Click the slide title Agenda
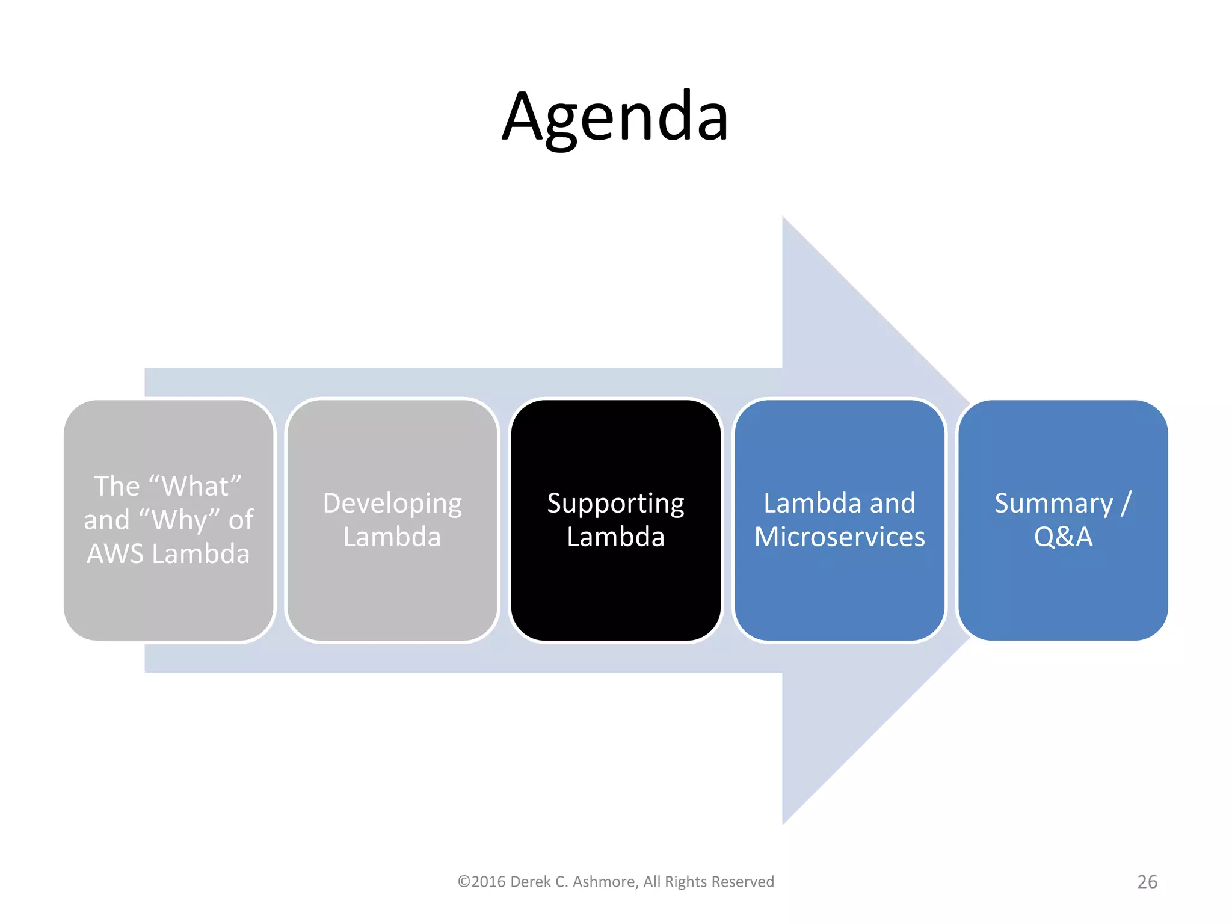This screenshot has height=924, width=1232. coord(615,117)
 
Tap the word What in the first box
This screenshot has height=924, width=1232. coord(196,486)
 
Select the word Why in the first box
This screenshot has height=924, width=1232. coord(179,520)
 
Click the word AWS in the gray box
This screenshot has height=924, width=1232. coord(115,554)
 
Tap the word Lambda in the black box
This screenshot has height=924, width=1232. coord(615,537)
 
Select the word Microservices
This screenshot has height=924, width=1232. coord(839,537)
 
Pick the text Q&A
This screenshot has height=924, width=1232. coord(1063,537)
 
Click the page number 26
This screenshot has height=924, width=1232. coord(1147,882)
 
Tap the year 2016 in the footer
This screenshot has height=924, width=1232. coord(488,882)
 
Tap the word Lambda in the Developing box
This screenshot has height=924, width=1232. coord(392,537)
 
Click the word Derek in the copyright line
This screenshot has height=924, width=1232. coord(530,882)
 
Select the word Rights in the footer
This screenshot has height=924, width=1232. coord(685,882)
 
